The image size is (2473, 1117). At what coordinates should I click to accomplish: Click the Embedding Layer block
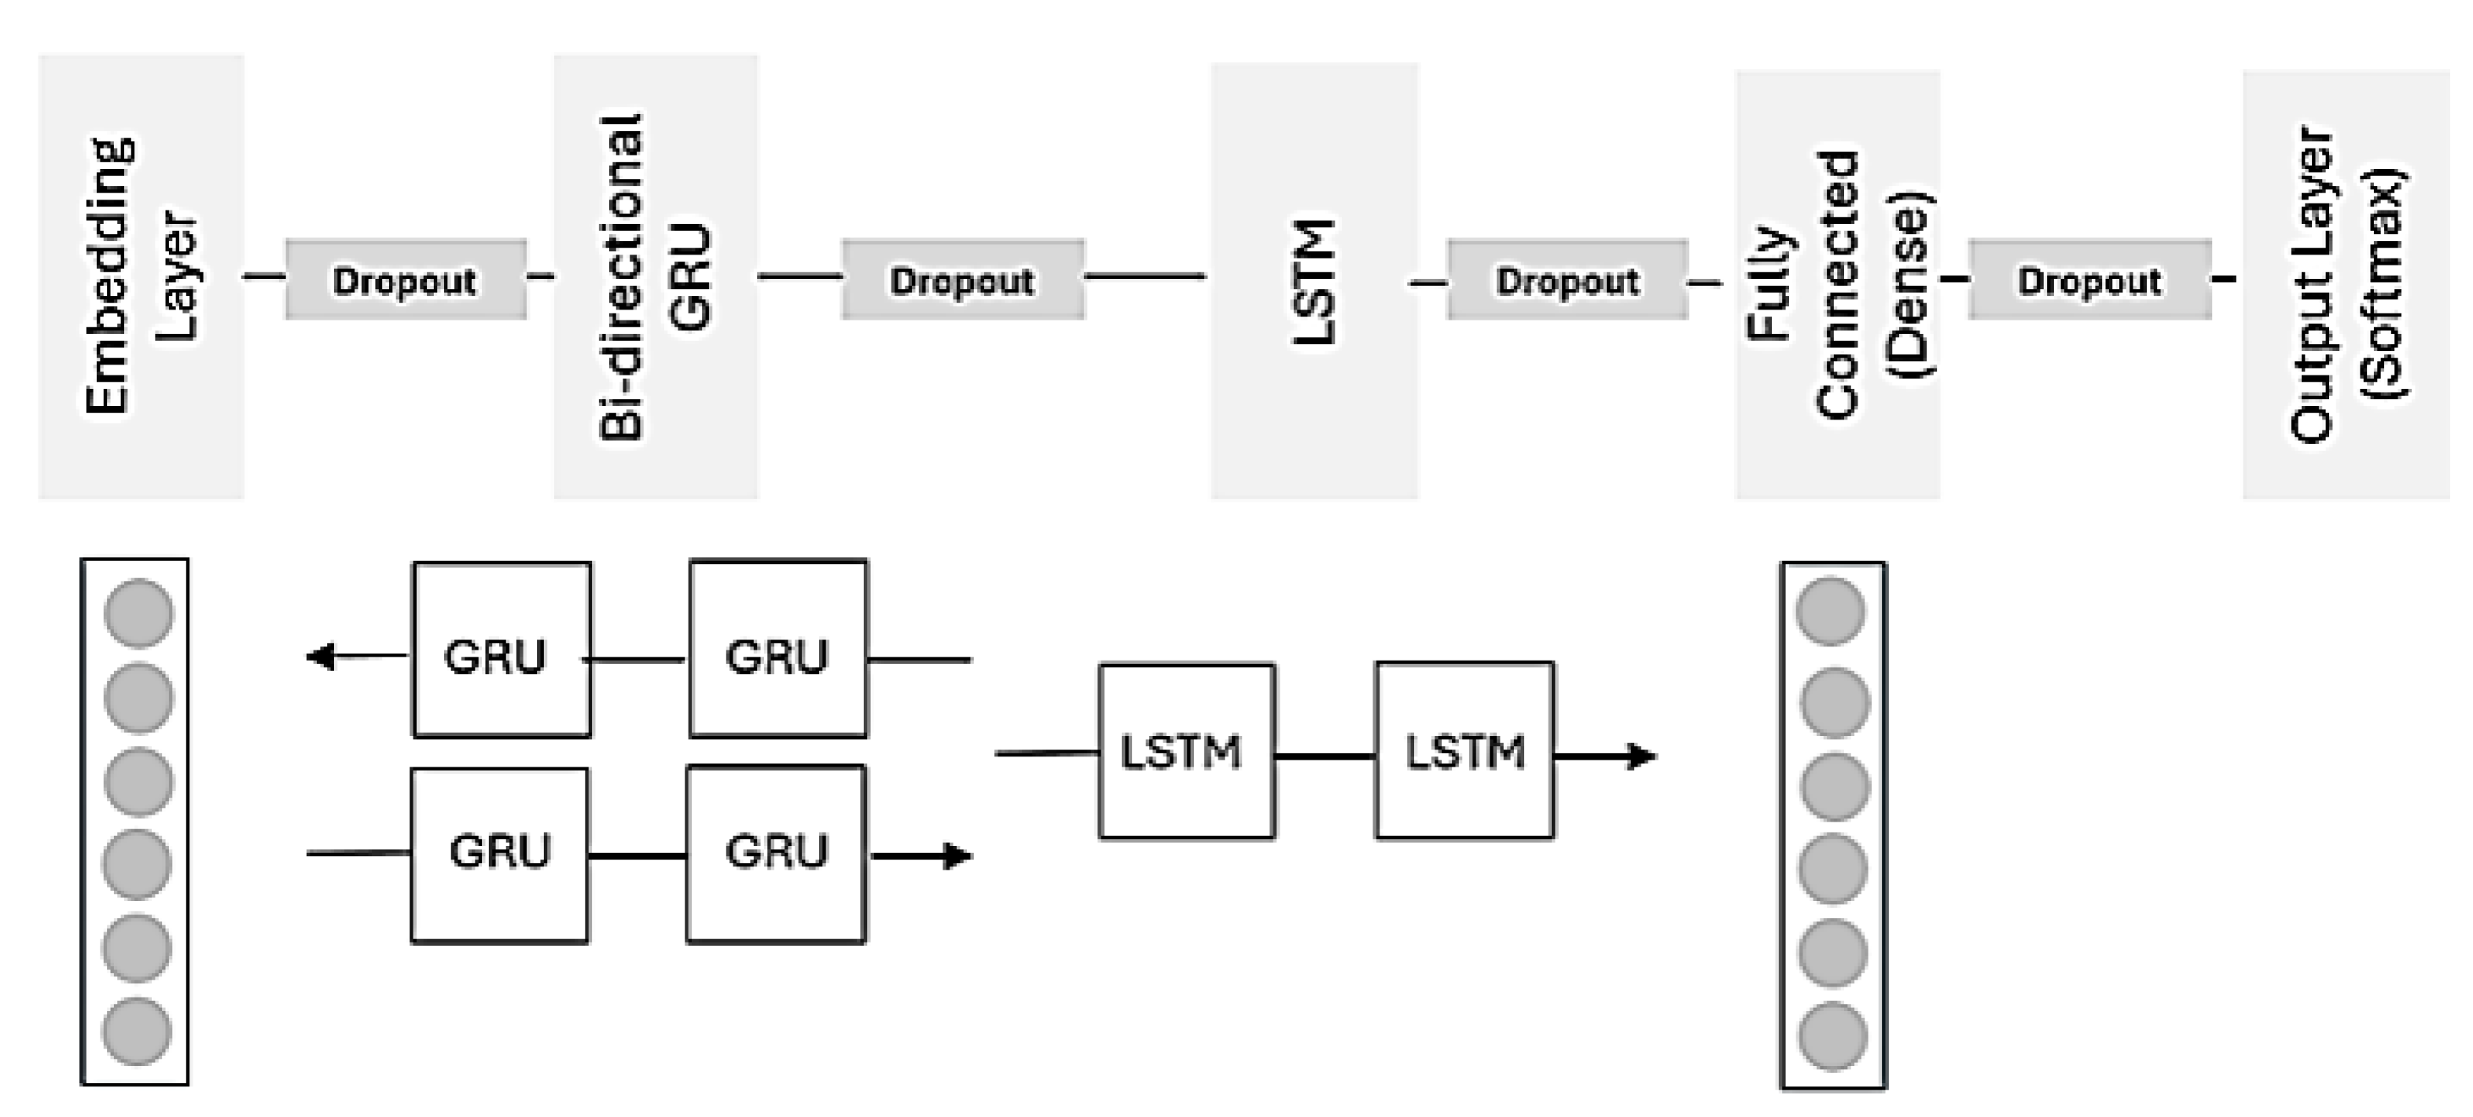click(141, 277)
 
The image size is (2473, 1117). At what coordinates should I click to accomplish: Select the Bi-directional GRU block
click(656, 277)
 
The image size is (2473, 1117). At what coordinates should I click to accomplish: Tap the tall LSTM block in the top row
click(1314, 280)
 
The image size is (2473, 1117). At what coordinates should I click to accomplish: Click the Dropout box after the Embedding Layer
click(405, 280)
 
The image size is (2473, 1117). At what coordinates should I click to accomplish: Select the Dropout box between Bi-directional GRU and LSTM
click(963, 280)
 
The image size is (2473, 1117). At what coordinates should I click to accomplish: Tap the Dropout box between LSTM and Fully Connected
click(1567, 280)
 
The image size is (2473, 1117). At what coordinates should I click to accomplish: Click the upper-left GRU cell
click(502, 650)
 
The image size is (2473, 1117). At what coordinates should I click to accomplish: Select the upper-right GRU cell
click(777, 650)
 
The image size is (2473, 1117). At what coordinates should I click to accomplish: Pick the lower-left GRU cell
click(499, 855)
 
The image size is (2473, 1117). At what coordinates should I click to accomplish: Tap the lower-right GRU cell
click(776, 855)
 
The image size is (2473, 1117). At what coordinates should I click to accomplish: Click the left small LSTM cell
click(1186, 752)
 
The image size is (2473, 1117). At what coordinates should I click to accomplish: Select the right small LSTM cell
click(1464, 752)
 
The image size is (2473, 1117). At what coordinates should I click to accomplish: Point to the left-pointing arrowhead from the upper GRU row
click(321, 657)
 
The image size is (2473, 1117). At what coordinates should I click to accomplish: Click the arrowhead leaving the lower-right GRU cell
click(958, 856)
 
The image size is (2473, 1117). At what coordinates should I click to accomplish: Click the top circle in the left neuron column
click(138, 612)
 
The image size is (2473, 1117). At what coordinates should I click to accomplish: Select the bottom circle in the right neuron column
click(1832, 1036)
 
